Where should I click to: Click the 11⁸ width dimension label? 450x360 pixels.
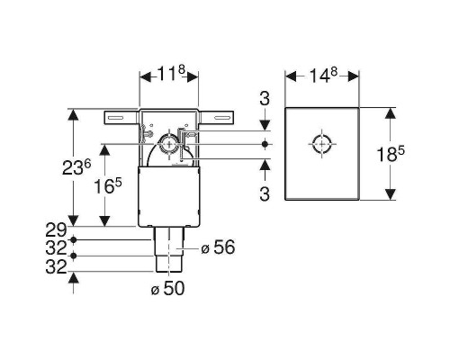pos(170,74)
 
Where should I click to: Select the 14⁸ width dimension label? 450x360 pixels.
pos(323,75)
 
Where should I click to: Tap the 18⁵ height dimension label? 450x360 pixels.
pos(391,154)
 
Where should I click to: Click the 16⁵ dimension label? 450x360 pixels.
pos(108,186)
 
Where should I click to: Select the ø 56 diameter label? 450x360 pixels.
pos(218,247)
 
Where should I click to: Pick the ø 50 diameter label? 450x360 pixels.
pos(167,289)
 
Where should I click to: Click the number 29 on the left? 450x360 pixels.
pos(56,230)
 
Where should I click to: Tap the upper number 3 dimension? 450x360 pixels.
pos(265,98)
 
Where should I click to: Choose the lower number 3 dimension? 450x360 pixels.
pos(265,193)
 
